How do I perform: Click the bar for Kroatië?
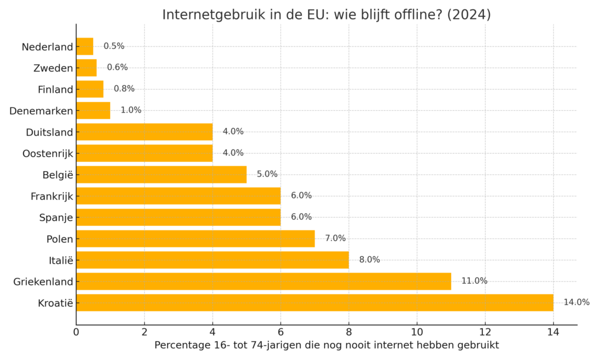(315, 303)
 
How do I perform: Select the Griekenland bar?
(264, 281)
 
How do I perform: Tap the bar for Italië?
(212, 260)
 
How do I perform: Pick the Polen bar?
(195, 239)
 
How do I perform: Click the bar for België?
(161, 175)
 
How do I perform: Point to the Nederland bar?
(84, 46)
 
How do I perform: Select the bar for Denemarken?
(93, 110)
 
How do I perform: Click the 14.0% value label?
(577, 303)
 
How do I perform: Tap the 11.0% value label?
(474, 281)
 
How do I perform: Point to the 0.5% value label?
(114, 46)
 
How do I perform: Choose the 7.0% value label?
(335, 238)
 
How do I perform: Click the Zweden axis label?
(53, 68)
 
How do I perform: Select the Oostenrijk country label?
(47, 154)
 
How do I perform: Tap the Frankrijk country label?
(52, 196)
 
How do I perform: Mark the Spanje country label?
(56, 218)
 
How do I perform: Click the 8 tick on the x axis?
(349, 332)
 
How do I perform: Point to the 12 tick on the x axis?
(485, 332)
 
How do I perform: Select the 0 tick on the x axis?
(76, 332)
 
